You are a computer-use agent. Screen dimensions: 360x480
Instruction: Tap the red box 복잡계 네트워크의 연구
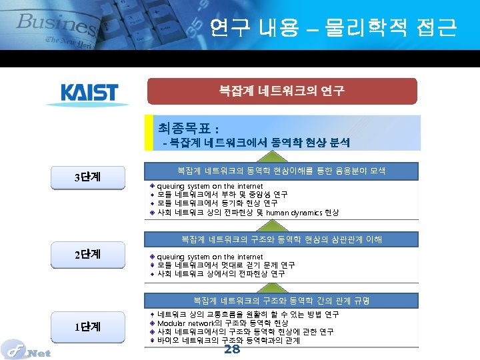click(x=282, y=91)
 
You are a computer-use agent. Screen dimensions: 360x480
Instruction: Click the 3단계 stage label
click(x=87, y=177)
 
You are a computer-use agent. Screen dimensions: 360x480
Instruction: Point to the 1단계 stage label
click(x=87, y=327)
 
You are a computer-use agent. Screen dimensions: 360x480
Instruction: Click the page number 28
click(x=232, y=350)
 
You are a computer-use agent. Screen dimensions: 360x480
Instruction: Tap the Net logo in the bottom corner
click(x=25, y=349)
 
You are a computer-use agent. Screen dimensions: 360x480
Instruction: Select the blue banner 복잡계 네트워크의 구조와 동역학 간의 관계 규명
click(x=282, y=301)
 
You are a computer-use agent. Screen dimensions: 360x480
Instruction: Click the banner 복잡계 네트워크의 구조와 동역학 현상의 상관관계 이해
click(x=282, y=239)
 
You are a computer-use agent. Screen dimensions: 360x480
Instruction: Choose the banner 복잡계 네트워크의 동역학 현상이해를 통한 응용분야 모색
click(x=282, y=171)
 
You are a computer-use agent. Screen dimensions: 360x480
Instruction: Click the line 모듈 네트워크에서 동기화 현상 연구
click(x=208, y=203)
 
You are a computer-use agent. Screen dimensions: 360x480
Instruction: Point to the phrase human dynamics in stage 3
click(x=294, y=213)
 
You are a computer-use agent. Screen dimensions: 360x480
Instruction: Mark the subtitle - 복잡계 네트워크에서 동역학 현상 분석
click(x=257, y=142)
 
